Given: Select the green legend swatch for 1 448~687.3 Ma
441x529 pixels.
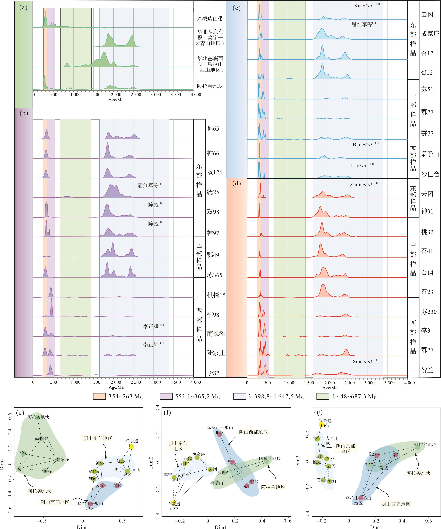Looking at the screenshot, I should click(323, 396).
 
